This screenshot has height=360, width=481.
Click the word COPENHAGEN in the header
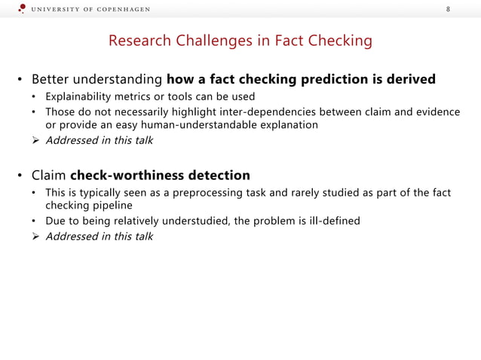[x=123, y=9]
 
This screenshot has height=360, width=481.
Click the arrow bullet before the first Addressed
[x=35, y=140]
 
